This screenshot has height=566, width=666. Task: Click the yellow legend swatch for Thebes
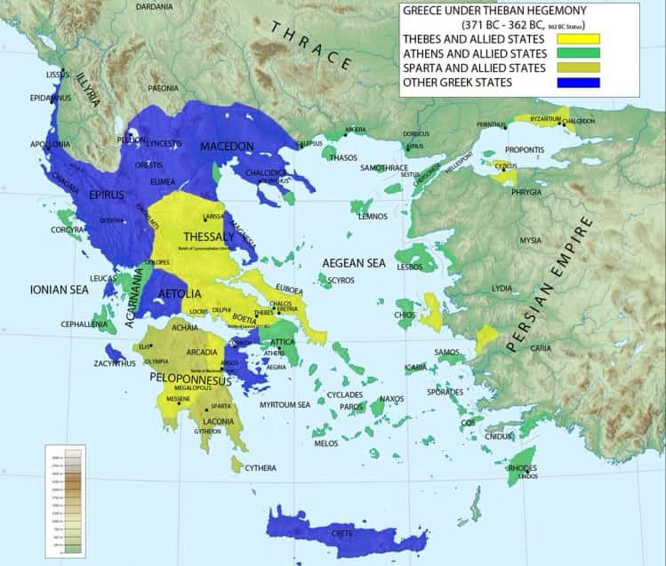(x=579, y=39)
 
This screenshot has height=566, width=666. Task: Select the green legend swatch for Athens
(x=579, y=53)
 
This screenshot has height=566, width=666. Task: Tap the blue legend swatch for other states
(x=579, y=83)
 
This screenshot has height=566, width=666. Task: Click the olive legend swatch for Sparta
(x=579, y=68)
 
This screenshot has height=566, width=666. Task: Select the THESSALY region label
(x=208, y=236)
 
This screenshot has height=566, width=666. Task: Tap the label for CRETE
(x=341, y=533)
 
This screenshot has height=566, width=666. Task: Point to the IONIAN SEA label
(x=59, y=289)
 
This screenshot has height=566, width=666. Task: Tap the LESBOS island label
(x=409, y=267)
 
